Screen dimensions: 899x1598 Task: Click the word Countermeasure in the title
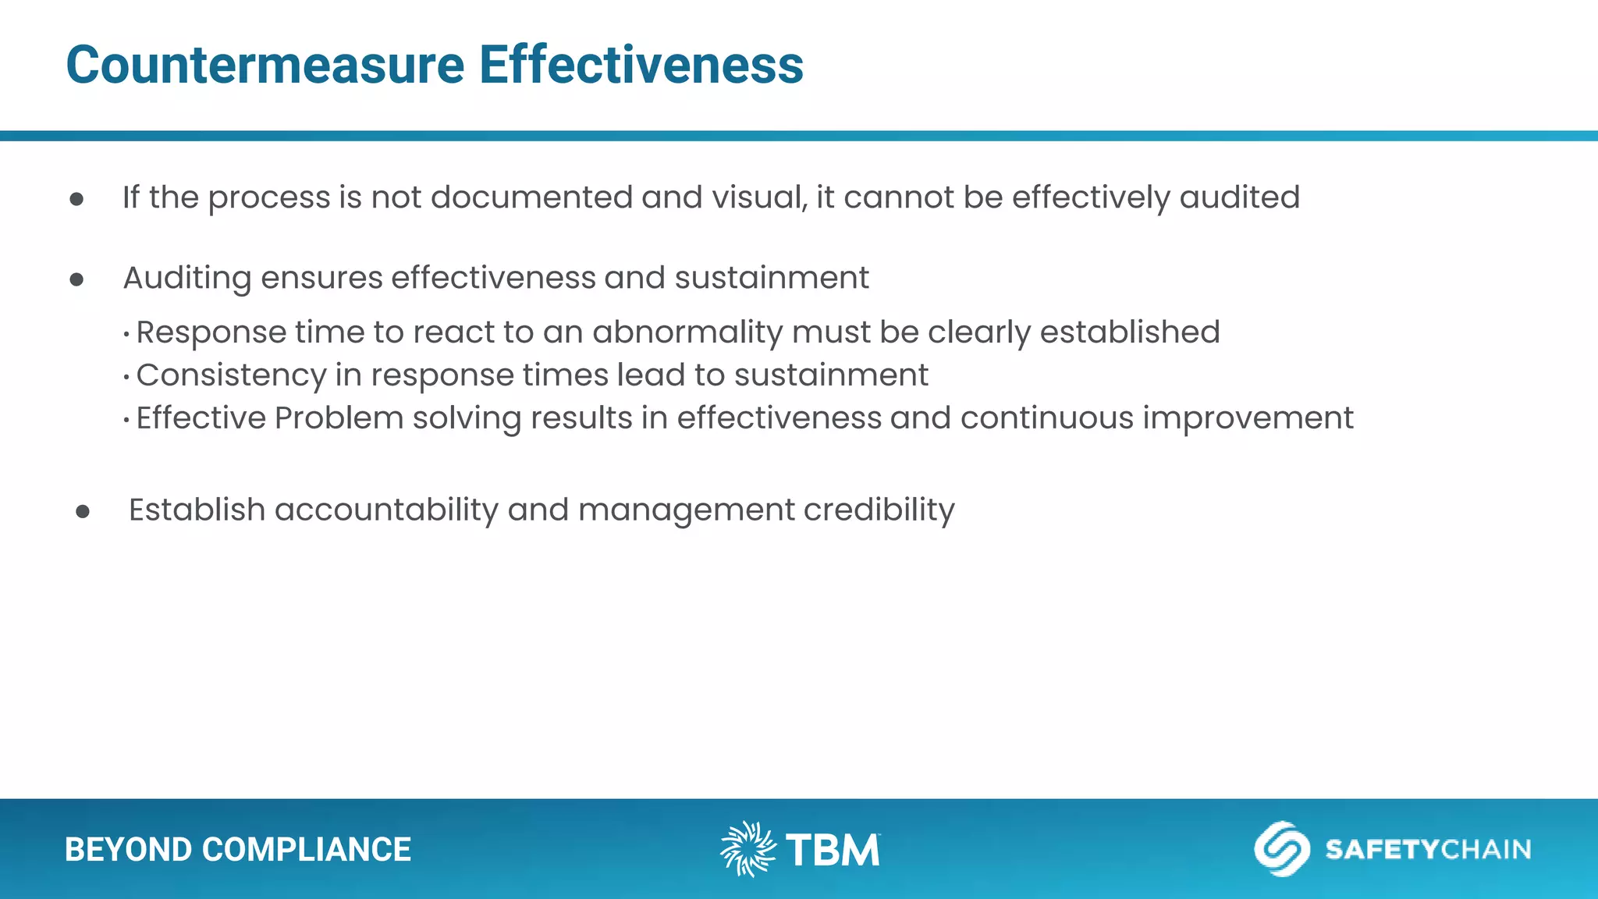tap(265, 65)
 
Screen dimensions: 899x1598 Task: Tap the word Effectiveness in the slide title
tap(641, 65)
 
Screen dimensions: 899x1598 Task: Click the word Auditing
tap(187, 279)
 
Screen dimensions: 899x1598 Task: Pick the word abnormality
tap(687, 333)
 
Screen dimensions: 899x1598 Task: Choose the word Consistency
tap(231, 376)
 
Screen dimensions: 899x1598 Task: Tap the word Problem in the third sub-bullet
tap(339, 418)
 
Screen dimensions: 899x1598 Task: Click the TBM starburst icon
tap(748, 849)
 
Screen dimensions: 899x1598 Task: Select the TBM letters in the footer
tap(833, 850)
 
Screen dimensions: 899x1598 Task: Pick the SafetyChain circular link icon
tap(1281, 848)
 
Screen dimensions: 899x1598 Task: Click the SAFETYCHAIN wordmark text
tap(1428, 849)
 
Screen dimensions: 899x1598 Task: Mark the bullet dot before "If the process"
tap(76, 199)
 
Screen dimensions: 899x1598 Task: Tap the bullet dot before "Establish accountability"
tap(83, 512)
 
